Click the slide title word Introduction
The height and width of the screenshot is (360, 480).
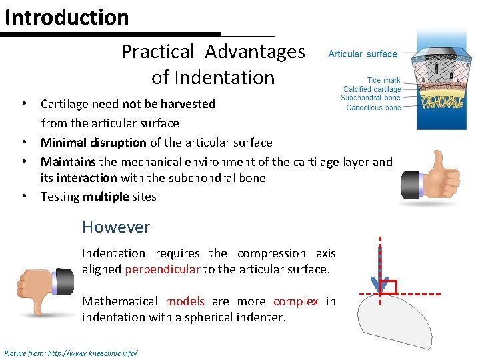(x=67, y=17)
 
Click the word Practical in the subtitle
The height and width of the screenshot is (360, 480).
(x=158, y=51)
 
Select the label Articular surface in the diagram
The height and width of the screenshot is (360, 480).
(x=363, y=54)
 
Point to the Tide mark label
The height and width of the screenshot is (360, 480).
(x=384, y=80)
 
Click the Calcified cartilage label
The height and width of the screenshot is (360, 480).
(x=372, y=89)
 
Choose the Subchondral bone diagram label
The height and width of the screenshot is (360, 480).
(x=371, y=98)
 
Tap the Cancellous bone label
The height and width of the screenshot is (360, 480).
(x=374, y=107)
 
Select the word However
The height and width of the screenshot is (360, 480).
(x=116, y=227)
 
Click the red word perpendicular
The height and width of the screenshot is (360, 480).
(x=162, y=269)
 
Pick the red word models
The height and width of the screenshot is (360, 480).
(x=185, y=301)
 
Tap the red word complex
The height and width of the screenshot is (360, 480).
(x=295, y=301)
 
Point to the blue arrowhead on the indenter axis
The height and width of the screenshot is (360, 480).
(x=380, y=285)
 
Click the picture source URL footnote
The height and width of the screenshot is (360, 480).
(x=71, y=352)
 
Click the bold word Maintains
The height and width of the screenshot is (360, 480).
(x=68, y=162)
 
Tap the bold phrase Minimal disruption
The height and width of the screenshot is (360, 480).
(x=93, y=142)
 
